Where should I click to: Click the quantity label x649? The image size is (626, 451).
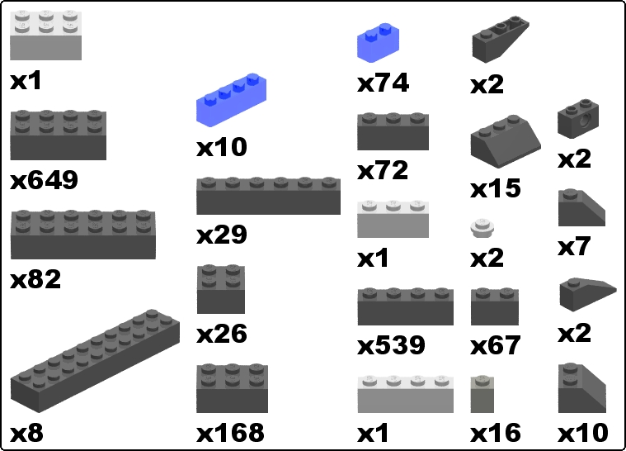44,180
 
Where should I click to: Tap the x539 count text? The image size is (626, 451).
391,345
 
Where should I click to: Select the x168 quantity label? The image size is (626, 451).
230,433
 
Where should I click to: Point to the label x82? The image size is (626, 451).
35,279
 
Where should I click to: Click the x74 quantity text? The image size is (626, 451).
383,83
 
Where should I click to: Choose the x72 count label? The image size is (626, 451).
383,170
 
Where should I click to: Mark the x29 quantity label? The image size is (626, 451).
222,235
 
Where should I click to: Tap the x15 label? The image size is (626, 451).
496,188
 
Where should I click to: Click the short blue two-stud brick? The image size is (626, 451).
378,43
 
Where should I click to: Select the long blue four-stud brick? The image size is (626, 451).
231,100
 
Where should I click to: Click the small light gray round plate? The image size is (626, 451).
482,228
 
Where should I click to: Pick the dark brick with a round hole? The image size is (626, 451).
577,119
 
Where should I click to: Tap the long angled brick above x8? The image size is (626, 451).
95,361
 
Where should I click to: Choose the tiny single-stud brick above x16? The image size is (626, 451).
482,394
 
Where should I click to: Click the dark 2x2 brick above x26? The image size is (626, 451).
221,289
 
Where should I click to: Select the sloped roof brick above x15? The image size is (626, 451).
506,141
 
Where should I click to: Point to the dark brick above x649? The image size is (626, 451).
59,135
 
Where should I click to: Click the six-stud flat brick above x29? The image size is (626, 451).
268,196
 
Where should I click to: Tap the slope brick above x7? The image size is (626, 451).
581,208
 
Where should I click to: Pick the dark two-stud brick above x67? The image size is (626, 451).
495,306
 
